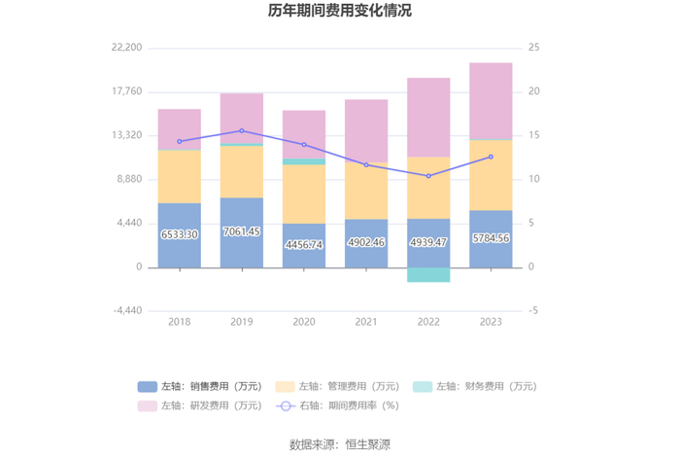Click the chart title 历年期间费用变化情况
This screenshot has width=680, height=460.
tap(340, 12)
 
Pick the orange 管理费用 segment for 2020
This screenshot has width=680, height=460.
tap(304, 194)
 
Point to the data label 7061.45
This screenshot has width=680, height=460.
tap(242, 233)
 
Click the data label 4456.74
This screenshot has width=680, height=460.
tap(304, 244)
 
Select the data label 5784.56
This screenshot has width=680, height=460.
tap(491, 238)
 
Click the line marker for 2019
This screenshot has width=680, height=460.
tap(242, 130)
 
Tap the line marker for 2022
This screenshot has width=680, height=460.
tap(428, 176)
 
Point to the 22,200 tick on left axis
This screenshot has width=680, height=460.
tap(127, 48)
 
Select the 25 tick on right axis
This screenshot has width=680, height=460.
tap(534, 48)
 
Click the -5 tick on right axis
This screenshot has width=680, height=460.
tap(533, 311)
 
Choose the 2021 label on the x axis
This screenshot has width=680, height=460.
tap(366, 322)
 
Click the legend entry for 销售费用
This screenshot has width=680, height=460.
tap(200, 386)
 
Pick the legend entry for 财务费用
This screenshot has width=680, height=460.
tap(473, 386)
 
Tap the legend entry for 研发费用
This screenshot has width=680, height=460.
tap(200, 406)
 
